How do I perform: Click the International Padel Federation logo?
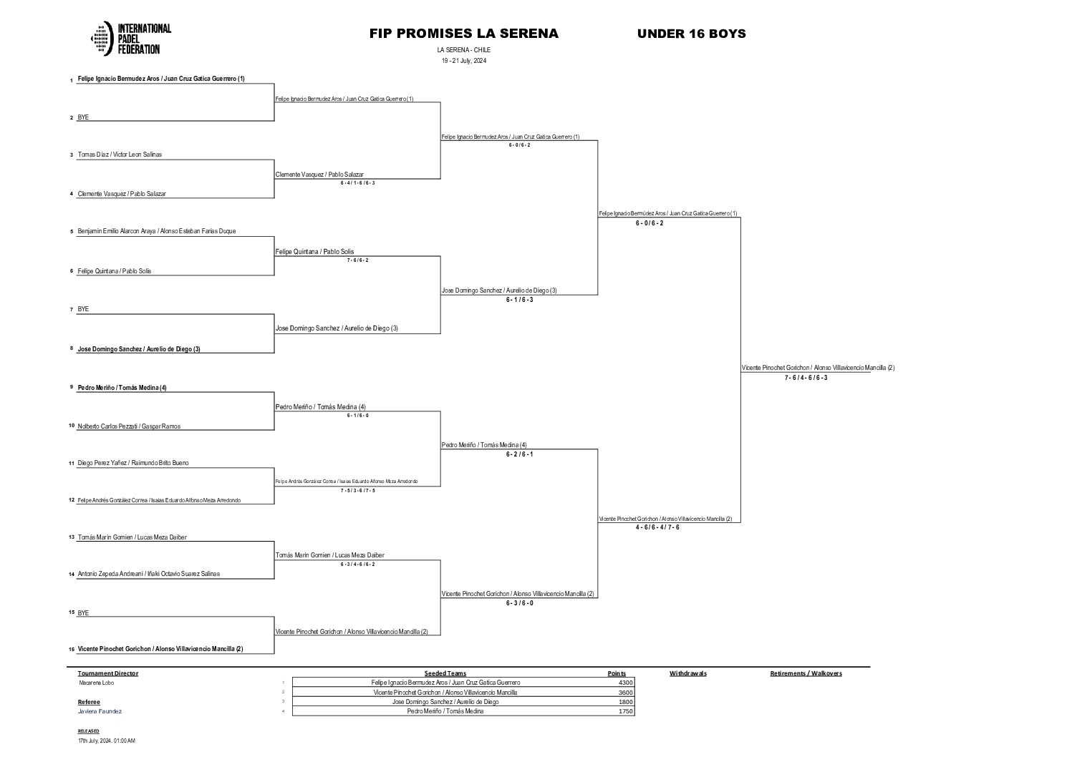tap(131, 39)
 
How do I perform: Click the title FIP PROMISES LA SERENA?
tap(463, 34)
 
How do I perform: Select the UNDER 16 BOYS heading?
tap(691, 34)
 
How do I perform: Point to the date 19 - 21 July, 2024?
tap(463, 61)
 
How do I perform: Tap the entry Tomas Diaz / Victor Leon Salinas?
tap(120, 155)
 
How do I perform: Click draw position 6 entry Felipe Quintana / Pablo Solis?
tap(115, 271)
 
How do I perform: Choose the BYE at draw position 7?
tap(83, 309)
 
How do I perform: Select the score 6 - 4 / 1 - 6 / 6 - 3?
tap(357, 183)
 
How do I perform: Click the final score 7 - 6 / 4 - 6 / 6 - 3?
tap(806, 378)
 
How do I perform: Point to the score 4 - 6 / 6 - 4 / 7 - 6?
tap(657, 527)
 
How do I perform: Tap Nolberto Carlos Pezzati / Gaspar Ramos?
tap(129, 426)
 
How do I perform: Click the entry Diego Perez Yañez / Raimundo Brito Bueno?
tap(133, 463)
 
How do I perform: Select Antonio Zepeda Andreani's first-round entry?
tap(148, 574)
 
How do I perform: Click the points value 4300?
tap(625, 683)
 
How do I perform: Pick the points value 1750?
tap(625, 711)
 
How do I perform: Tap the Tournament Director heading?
tap(108, 673)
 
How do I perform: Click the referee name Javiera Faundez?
tap(100, 711)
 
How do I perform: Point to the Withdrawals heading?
tap(687, 673)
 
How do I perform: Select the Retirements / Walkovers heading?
tap(806, 673)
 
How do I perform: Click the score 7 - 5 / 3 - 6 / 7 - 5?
tap(357, 490)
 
